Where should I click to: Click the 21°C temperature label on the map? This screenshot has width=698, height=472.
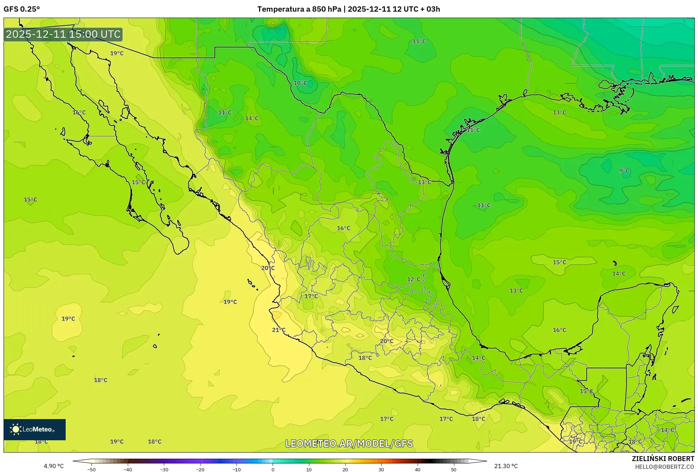pos(279,330)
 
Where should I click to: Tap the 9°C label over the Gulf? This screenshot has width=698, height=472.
pos(624,171)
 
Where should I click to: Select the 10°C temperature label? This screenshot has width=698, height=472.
pos(300,83)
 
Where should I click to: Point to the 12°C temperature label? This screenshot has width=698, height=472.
pos(413,279)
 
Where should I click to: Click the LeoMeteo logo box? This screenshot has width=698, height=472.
pos(35,429)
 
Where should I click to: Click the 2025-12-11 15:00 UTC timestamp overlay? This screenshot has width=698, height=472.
pos(63,35)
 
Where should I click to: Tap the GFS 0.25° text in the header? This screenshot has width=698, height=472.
pos(22,9)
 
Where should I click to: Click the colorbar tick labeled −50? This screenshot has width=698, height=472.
pos(91,469)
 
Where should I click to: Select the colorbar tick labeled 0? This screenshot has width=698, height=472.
pos(273,469)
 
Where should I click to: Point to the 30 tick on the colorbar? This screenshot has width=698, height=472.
pos(381,469)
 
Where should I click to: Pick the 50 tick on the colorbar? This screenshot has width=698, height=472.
pos(454,469)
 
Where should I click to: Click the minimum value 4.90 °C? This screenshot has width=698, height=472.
pos(54,466)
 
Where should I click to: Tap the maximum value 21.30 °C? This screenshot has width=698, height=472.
pos(506,466)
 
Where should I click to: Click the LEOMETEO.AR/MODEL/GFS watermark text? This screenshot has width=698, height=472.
pos(349,443)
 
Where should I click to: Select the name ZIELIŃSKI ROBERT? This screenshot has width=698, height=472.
pos(663,459)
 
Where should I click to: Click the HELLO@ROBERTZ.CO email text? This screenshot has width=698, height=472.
pos(664,467)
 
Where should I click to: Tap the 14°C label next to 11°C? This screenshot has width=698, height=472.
pos(252,119)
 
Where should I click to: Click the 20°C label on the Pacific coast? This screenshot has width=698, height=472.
pos(268,268)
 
